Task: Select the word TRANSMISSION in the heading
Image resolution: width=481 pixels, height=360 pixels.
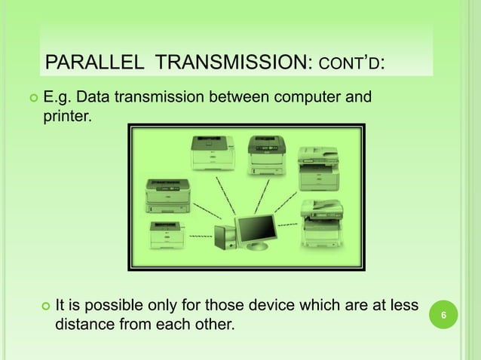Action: [228, 63]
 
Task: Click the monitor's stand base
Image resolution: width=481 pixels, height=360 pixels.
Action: [257, 246]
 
